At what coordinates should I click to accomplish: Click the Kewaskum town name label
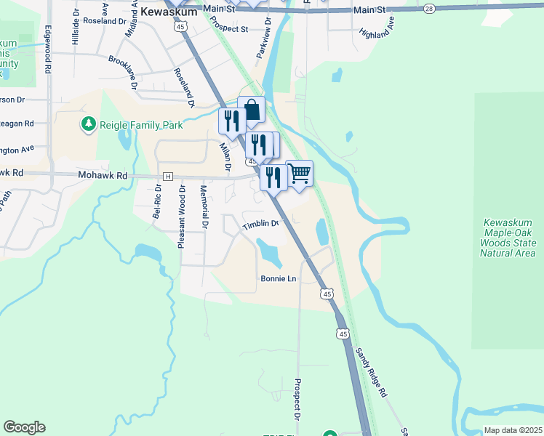[169, 12]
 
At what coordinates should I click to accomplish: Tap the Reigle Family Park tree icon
[89, 125]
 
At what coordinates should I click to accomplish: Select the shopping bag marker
[252, 111]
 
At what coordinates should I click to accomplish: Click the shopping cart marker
[300, 174]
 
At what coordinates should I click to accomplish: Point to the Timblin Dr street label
[261, 224]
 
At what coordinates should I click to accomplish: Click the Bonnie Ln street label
[279, 278]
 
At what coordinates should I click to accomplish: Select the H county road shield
[168, 177]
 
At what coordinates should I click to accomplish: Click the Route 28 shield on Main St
[429, 8]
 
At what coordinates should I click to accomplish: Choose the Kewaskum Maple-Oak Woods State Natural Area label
[508, 237]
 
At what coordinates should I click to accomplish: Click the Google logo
[24, 427]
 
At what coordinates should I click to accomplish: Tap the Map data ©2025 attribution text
[513, 430]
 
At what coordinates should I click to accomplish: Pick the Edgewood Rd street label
[48, 49]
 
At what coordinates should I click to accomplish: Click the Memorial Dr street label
[204, 207]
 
